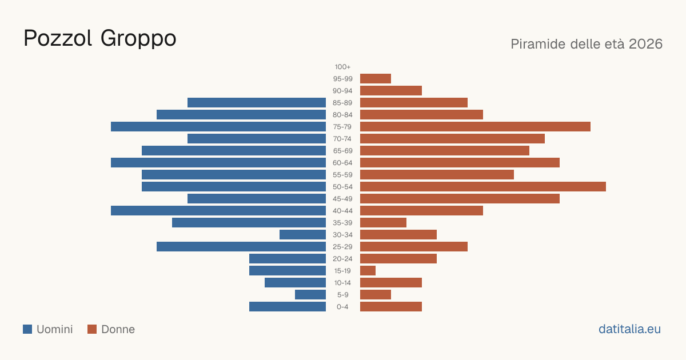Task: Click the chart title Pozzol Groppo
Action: [x=100, y=38]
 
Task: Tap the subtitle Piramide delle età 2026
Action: [x=587, y=44]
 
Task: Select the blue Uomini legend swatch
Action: [x=27, y=329]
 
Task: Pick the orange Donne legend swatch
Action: [x=92, y=329]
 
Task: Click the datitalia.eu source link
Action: [x=629, y=329]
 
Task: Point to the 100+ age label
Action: [x=342, y=67]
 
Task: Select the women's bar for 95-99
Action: [x=376, y=79]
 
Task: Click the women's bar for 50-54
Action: [x=483, y=187]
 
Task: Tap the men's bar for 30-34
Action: [x=302, y=235]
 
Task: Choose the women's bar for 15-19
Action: [x=368, y=271]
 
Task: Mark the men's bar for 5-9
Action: [x=310, y=295]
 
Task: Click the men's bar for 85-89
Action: [x=257, y=102]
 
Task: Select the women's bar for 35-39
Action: [x=383, y=222]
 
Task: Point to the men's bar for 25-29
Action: [x=241, y=247]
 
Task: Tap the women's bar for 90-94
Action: [x=391, y=91]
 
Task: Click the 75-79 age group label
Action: [x=342, y=127]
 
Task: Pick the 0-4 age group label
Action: [x=342, y=307]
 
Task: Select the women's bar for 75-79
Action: [x=475, y=127]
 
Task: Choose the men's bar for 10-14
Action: [x=295, y=282]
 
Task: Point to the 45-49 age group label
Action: [x=342, y=199]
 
